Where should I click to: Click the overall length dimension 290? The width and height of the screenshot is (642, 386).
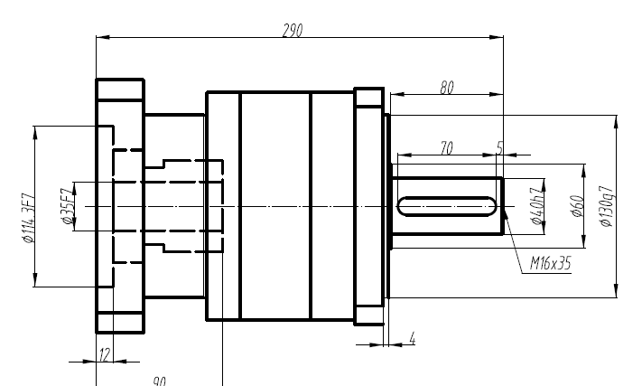coord(292,30)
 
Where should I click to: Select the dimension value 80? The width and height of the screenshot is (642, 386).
coord(446,87)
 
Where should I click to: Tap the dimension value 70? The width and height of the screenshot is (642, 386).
coord(446,148)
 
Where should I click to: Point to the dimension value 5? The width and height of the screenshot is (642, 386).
coord(499,147)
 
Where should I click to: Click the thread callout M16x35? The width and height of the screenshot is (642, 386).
coord(550,263)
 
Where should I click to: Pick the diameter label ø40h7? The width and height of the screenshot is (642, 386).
coord(537,207)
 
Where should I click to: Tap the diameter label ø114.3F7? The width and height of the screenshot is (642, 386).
coord(27,218)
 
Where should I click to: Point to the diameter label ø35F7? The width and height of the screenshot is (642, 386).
coord(66,207)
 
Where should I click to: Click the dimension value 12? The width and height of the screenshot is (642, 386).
coord(104,354)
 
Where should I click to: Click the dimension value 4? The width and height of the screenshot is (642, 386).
coord(412,339)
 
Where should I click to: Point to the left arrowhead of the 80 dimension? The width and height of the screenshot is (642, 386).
coord(394,94)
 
